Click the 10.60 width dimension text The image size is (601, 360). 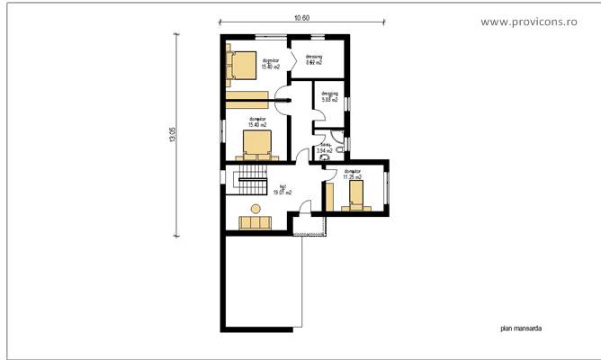click(302, 18)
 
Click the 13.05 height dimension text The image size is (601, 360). click(172, 134)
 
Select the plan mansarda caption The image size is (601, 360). click(521, 329)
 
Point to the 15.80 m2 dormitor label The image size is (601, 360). click(271, 64)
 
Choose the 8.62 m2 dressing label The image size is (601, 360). click(314, 60)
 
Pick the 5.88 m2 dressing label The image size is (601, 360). click(328, 97)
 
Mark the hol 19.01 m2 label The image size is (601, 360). click(283, 189)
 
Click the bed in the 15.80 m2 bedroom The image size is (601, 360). click(242, 65)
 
